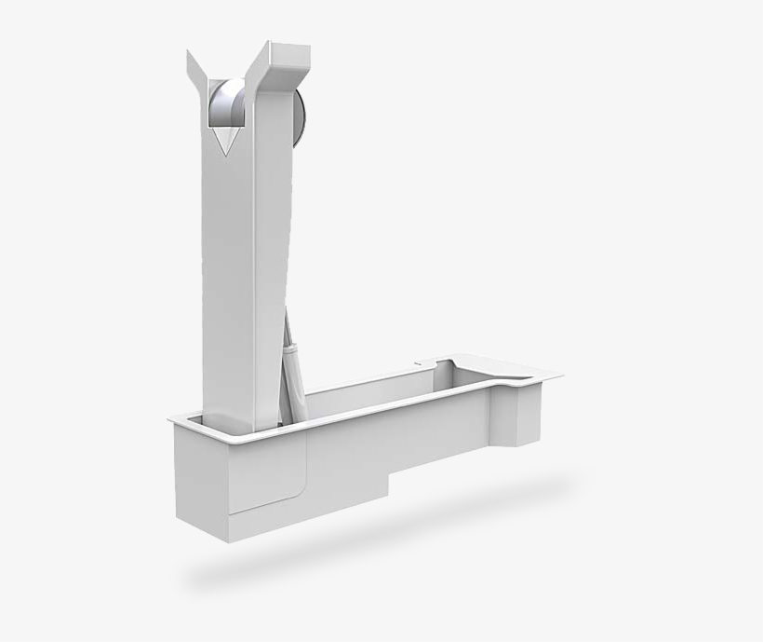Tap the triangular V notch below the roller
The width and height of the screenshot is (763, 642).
223,141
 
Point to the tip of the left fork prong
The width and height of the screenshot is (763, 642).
189,54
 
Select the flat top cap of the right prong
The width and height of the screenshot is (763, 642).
283,48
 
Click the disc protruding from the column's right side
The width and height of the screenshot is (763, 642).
299,116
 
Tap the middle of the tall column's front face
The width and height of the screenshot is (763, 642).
228,280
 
